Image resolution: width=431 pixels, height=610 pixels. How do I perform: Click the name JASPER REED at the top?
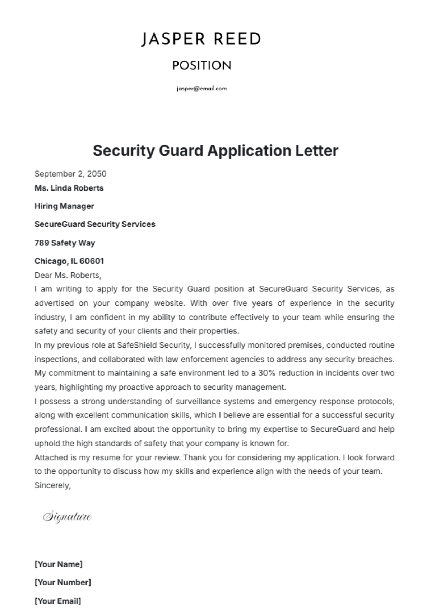click(201, 39)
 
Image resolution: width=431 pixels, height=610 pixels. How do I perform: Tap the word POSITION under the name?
click(201, 66)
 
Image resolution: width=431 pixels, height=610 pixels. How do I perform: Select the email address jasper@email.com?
click(201, 89)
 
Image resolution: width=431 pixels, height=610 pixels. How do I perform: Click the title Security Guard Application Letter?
click(215, 150)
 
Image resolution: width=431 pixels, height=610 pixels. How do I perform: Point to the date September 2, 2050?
click(70, 174)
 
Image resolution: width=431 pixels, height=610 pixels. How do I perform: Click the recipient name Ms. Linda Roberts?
click(69, 188)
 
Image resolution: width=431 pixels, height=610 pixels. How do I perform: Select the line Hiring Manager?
click(64, 206)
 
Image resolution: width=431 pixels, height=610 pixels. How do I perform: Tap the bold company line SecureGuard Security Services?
click(95, 224)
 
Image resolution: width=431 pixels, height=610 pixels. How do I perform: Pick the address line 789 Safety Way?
click(65, 243)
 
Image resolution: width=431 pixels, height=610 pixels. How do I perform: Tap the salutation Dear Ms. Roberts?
click(68, 275)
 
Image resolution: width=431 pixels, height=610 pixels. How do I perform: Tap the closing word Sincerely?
click(52, 485)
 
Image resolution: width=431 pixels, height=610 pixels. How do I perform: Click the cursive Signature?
click(68, 517)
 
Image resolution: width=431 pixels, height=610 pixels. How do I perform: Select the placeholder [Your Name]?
click(59, 564)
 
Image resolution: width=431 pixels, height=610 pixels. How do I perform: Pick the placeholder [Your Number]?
click(63, 582)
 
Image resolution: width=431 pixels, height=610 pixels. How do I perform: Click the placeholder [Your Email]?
click(58, 601)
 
